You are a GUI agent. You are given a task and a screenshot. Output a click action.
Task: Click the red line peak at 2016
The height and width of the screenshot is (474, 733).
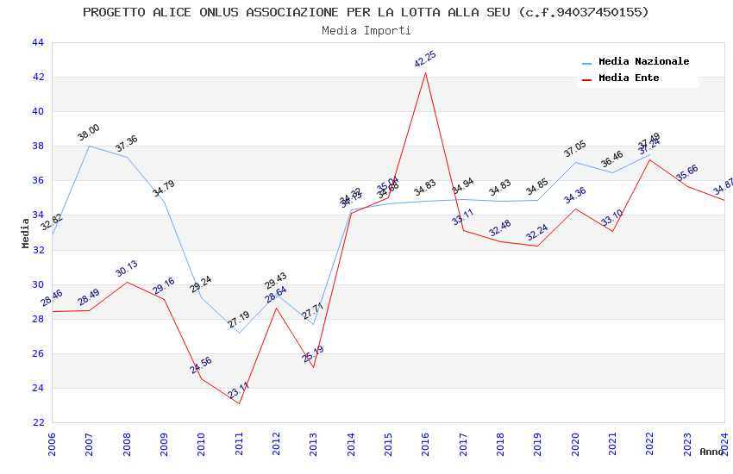[x=425, y=72]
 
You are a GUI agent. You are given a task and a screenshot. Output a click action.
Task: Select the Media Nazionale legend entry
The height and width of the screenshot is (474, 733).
[x=643, y=62]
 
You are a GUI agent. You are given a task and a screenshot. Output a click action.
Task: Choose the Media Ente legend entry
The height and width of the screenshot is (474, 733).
[x=629, y=78]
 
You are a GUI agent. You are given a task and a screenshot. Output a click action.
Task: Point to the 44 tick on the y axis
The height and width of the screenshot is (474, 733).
[x=37, y=42]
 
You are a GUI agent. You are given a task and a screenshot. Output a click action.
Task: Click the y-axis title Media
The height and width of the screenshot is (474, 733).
[x=26, y=233]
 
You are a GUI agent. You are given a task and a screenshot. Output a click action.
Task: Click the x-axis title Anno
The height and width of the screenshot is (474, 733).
[x=711, y=452]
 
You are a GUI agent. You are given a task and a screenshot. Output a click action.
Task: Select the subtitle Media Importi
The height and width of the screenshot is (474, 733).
[x=366, y=31]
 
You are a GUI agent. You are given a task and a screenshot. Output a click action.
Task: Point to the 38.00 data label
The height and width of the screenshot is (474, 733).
[x=89, y=133]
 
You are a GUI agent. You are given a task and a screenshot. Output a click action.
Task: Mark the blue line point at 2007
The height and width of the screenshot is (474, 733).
[x=89, y=146]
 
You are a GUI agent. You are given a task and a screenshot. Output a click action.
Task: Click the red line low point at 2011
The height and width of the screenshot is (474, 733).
[x=239, y=403]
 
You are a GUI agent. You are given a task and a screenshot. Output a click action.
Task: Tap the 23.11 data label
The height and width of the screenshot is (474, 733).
[x=238, y=390]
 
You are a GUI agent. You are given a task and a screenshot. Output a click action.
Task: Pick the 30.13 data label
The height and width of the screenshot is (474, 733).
[x=127, y=269]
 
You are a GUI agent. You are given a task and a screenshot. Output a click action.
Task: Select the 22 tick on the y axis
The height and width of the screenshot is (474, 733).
[x=37, y=422]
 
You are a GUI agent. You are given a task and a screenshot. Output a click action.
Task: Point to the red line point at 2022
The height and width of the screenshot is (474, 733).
[x=649, y=159]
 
